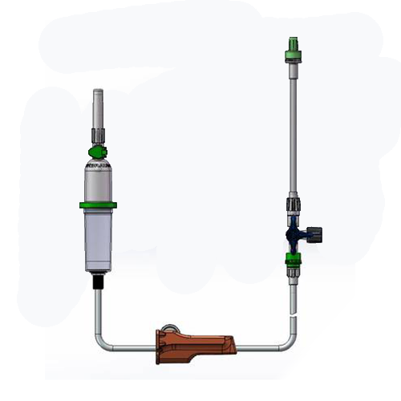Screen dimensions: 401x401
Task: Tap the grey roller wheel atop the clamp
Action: click(x=169, y=330)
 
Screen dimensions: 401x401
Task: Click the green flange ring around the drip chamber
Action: click(x=98, y=205)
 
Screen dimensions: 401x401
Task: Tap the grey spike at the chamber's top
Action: click(x=98, y=104)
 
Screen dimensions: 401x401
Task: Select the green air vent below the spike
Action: click(x=98, y=151)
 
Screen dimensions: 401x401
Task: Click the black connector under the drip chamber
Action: click(x=98, y=282)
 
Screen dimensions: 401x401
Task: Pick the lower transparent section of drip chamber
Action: click(x=98, y=241)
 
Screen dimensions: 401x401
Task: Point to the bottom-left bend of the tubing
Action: click(x=100, y=343)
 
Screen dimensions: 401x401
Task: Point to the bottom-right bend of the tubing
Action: click(x=290, y=343)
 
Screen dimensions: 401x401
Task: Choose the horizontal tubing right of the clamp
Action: click(x=257, y=349)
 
